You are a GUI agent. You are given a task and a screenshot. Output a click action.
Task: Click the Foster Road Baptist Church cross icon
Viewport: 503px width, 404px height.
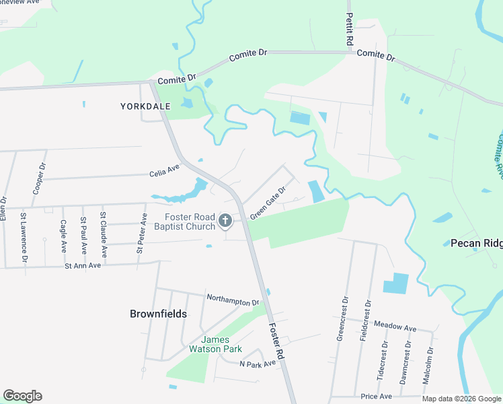tap(225, 220)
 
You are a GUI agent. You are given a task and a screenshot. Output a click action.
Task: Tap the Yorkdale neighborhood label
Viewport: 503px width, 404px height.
tap(145, 106)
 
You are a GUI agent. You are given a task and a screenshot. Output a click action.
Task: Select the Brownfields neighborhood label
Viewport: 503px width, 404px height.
tap(158, 313)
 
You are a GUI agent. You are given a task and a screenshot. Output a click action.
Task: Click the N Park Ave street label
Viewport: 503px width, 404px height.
tap(258, 364)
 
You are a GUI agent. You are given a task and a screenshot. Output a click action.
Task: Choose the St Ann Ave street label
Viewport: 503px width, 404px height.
tap(83, 266)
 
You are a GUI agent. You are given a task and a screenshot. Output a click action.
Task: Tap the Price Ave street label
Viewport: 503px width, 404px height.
tap(376, 397)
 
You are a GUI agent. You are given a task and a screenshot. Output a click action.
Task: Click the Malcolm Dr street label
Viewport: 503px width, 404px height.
tap(427, 367)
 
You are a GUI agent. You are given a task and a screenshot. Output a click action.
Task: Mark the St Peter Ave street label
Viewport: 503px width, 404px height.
tap(141, 233)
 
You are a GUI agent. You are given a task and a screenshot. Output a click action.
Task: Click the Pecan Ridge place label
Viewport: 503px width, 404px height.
tap(476, 243)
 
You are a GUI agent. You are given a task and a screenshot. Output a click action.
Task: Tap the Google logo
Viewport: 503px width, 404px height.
tap(22, 396)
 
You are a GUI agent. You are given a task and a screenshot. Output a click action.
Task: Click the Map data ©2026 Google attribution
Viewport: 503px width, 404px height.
tap(461, 399)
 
